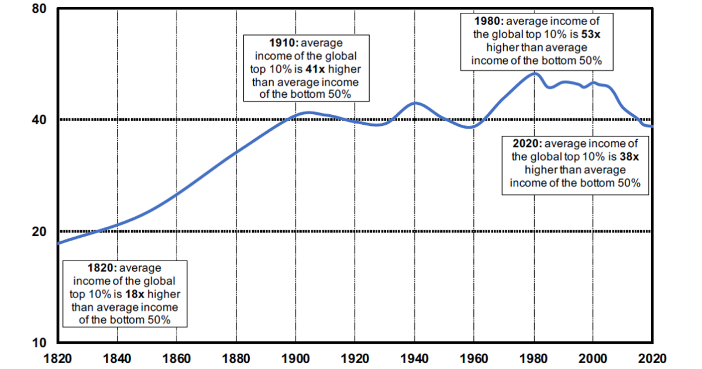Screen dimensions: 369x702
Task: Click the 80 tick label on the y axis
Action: click(x=39, y=9)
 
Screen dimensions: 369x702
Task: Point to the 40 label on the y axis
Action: click(x=39, y=119)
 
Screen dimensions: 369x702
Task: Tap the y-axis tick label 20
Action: click(x=39, y=231)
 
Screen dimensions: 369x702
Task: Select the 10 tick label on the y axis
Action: click(x=39, y=342)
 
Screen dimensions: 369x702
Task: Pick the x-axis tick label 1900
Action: click(x=295, y=357)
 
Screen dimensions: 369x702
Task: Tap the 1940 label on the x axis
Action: click(x=415, y=357)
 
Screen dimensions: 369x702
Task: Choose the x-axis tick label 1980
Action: click(x=534, y=357)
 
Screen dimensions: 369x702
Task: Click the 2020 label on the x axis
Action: click(x=652, y=357)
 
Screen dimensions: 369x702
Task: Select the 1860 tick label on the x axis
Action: click(x=176, y=357)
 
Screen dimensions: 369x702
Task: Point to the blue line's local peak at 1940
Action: click(x=415, y=103)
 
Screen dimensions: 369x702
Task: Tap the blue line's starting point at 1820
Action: click(x=58, y=243)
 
